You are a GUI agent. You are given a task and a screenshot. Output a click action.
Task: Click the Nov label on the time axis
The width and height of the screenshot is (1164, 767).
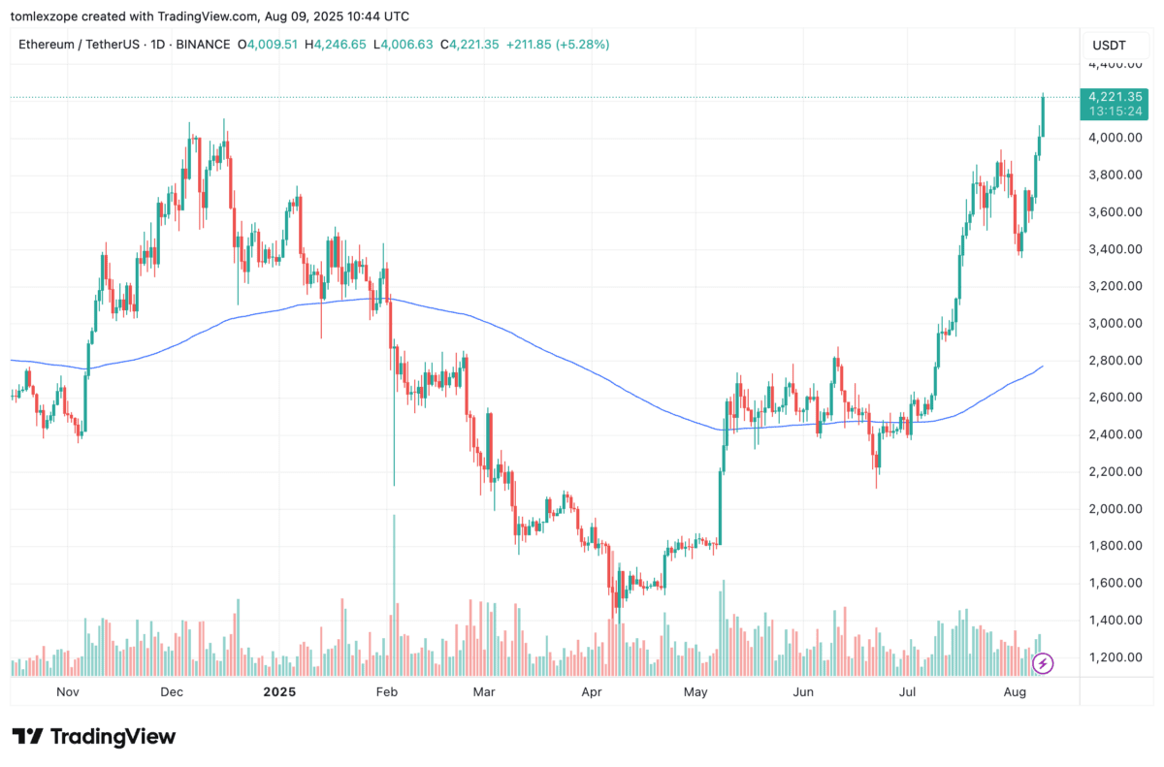[67, 692]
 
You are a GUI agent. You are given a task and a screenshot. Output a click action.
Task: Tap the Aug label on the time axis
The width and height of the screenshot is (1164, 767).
[1015, 692]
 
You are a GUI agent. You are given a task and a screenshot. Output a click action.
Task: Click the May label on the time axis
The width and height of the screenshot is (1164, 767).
[695, 692]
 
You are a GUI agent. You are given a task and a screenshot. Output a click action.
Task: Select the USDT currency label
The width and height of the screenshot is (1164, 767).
[1108, 45]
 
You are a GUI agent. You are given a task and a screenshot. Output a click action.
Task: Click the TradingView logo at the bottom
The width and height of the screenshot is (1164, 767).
[94, 737]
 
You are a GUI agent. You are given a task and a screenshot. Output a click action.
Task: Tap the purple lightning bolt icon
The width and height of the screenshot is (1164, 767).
[1043, 663]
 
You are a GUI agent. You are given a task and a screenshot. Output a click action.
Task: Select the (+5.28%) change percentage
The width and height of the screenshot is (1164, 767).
[578, 45]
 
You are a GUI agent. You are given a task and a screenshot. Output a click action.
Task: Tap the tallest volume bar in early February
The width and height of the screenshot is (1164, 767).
[394, 596]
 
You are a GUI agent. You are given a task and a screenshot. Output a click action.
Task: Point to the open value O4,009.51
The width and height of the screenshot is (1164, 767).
[275, 45]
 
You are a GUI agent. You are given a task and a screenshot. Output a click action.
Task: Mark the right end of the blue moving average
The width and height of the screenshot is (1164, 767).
[1043, 367]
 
